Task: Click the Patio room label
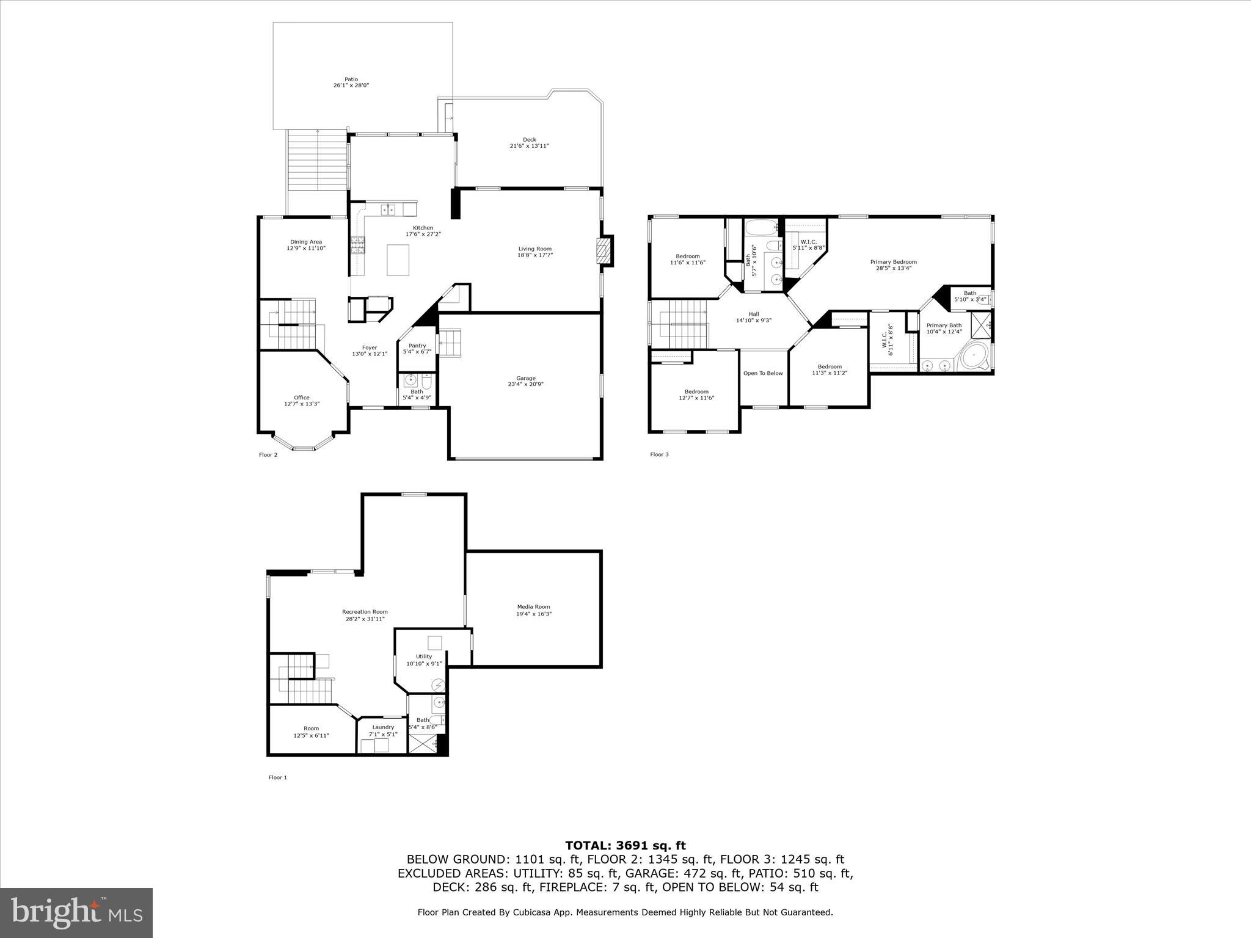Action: point(351,79)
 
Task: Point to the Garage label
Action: point(525,378)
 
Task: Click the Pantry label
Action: point(417,346)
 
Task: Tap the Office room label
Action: point(302,398)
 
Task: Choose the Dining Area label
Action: point(306,242)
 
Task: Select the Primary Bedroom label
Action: point(893,262)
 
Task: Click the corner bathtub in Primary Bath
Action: point(974,357)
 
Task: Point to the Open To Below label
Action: point(763,373)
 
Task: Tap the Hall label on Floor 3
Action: point(754,314)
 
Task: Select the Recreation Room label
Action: point(365,612)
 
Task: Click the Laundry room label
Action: point(383,727)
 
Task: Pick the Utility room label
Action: point(424,656)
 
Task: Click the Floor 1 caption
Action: point(277,777)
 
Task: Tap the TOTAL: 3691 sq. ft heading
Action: point(625,846)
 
